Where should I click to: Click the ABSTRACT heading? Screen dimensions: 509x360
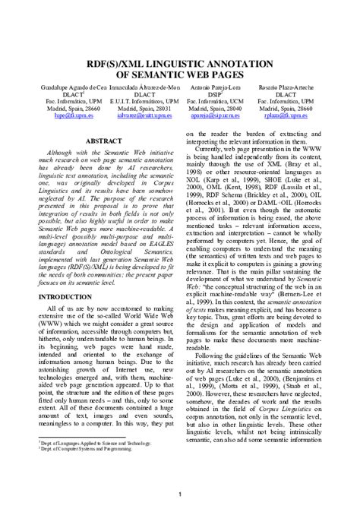pos(99,141)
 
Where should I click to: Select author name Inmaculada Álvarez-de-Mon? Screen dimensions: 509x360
pos(143,89)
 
